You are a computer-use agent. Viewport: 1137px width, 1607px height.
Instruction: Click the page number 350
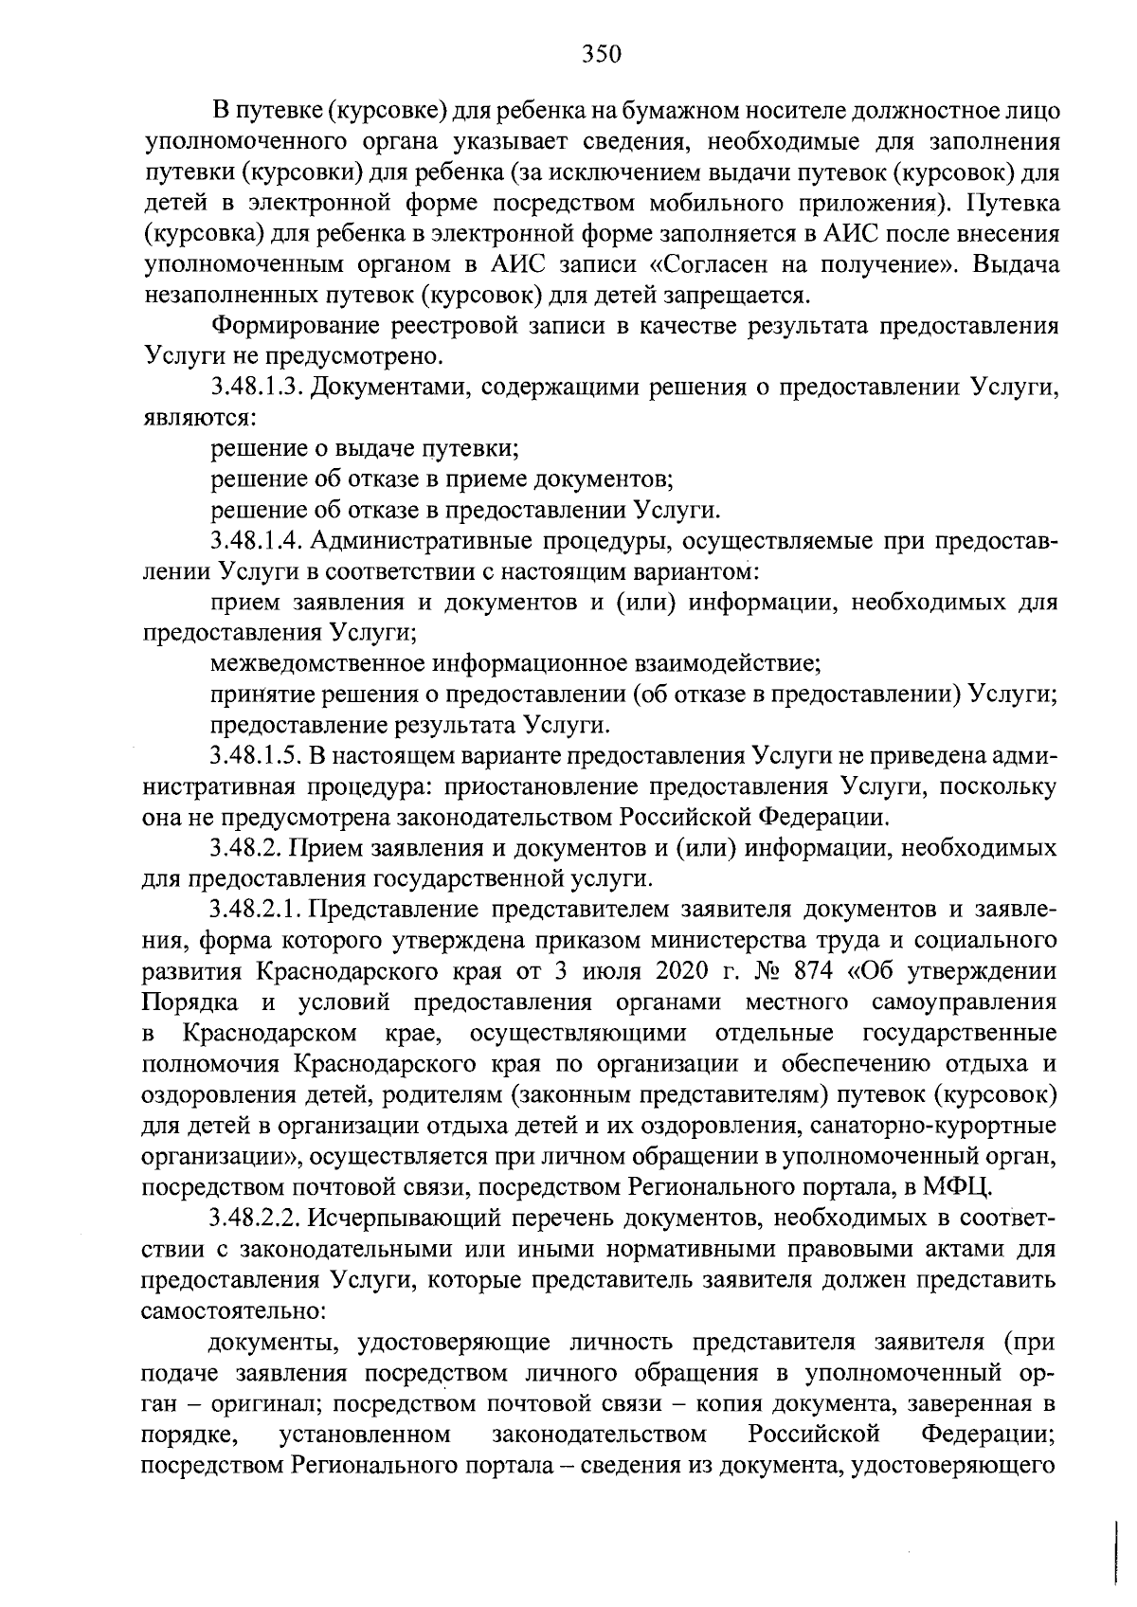click(600, 54)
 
